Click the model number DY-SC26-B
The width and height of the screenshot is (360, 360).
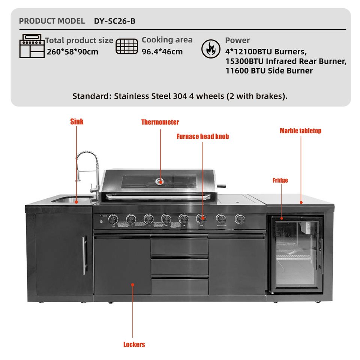point(114,21)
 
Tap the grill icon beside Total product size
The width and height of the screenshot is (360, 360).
point(32,46)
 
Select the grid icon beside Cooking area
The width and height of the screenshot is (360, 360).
point(127,46)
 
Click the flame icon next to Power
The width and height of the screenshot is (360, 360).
point(211,49)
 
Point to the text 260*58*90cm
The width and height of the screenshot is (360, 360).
point(72,52)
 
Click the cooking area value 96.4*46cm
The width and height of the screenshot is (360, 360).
point(162,52)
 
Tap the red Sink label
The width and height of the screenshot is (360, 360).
point(77,121)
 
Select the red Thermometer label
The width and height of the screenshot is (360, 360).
point(160,122)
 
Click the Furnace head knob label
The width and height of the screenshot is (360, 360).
point(202,136)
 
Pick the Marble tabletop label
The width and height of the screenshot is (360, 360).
point(300,131)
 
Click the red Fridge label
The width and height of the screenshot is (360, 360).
point(280,180)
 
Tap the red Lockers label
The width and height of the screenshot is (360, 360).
point(134,344)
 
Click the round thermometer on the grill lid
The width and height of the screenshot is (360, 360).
point(159,181)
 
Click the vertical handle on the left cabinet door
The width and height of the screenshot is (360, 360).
point(84,255)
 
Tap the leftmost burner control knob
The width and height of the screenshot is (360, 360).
point(113,220)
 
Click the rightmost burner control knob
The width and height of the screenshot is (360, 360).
point(239,219)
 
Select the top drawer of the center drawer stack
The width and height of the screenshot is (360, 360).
point(179,246)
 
